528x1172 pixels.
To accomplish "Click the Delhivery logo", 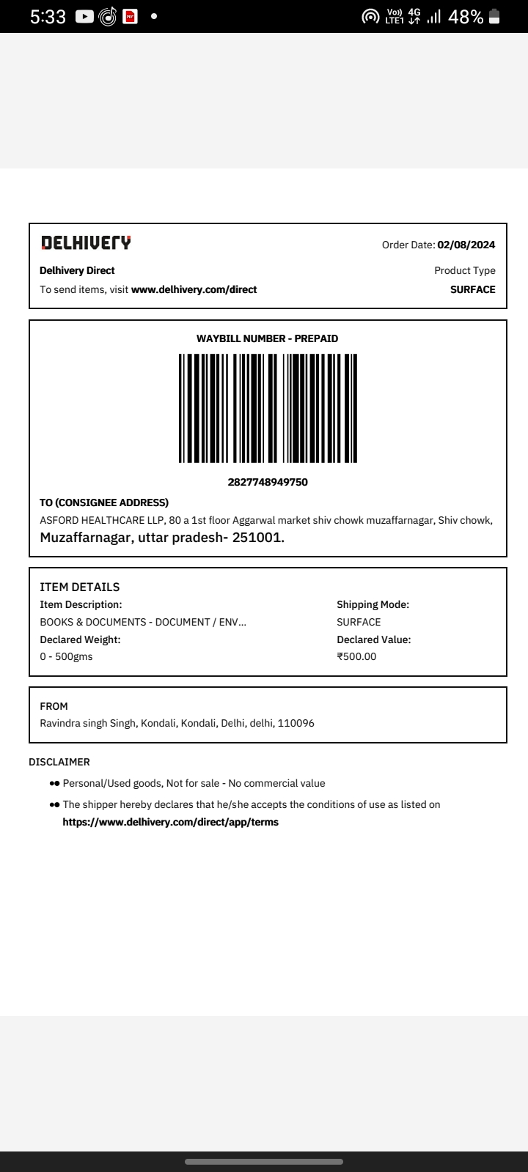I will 86,242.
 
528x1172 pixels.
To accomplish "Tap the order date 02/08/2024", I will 466,245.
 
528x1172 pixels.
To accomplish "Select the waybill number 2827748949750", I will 268,482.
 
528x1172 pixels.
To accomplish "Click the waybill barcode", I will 268,408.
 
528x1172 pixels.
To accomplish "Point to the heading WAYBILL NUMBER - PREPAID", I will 268,338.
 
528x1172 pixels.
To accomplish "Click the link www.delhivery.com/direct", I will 194,289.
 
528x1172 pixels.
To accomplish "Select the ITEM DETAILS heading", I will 79,587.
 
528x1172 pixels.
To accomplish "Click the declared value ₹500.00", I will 356,656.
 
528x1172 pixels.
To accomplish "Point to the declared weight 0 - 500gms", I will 66,656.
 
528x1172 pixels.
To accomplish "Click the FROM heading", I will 54,706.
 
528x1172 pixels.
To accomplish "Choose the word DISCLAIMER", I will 59,762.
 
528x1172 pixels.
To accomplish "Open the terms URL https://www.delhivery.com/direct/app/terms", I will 170,822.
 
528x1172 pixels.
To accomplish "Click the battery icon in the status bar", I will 494,17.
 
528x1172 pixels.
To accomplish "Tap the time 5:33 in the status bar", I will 48,17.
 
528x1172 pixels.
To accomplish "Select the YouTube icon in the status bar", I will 84,17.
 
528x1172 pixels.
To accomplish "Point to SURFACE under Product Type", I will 472,289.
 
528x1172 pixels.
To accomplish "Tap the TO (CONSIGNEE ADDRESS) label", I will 104,502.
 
